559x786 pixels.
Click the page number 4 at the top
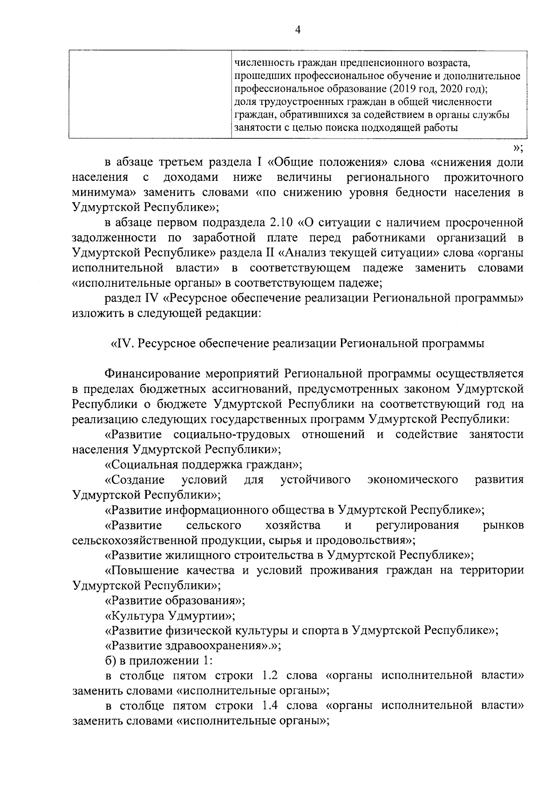point(298,30)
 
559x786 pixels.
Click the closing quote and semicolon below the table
point(518,148)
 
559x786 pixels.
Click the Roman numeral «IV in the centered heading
point(122,344)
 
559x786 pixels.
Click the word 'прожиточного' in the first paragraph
point(484,178)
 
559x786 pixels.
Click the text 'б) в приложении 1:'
point(158,661)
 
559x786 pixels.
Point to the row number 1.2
point(270,676)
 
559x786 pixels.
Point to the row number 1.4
point(270,720)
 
